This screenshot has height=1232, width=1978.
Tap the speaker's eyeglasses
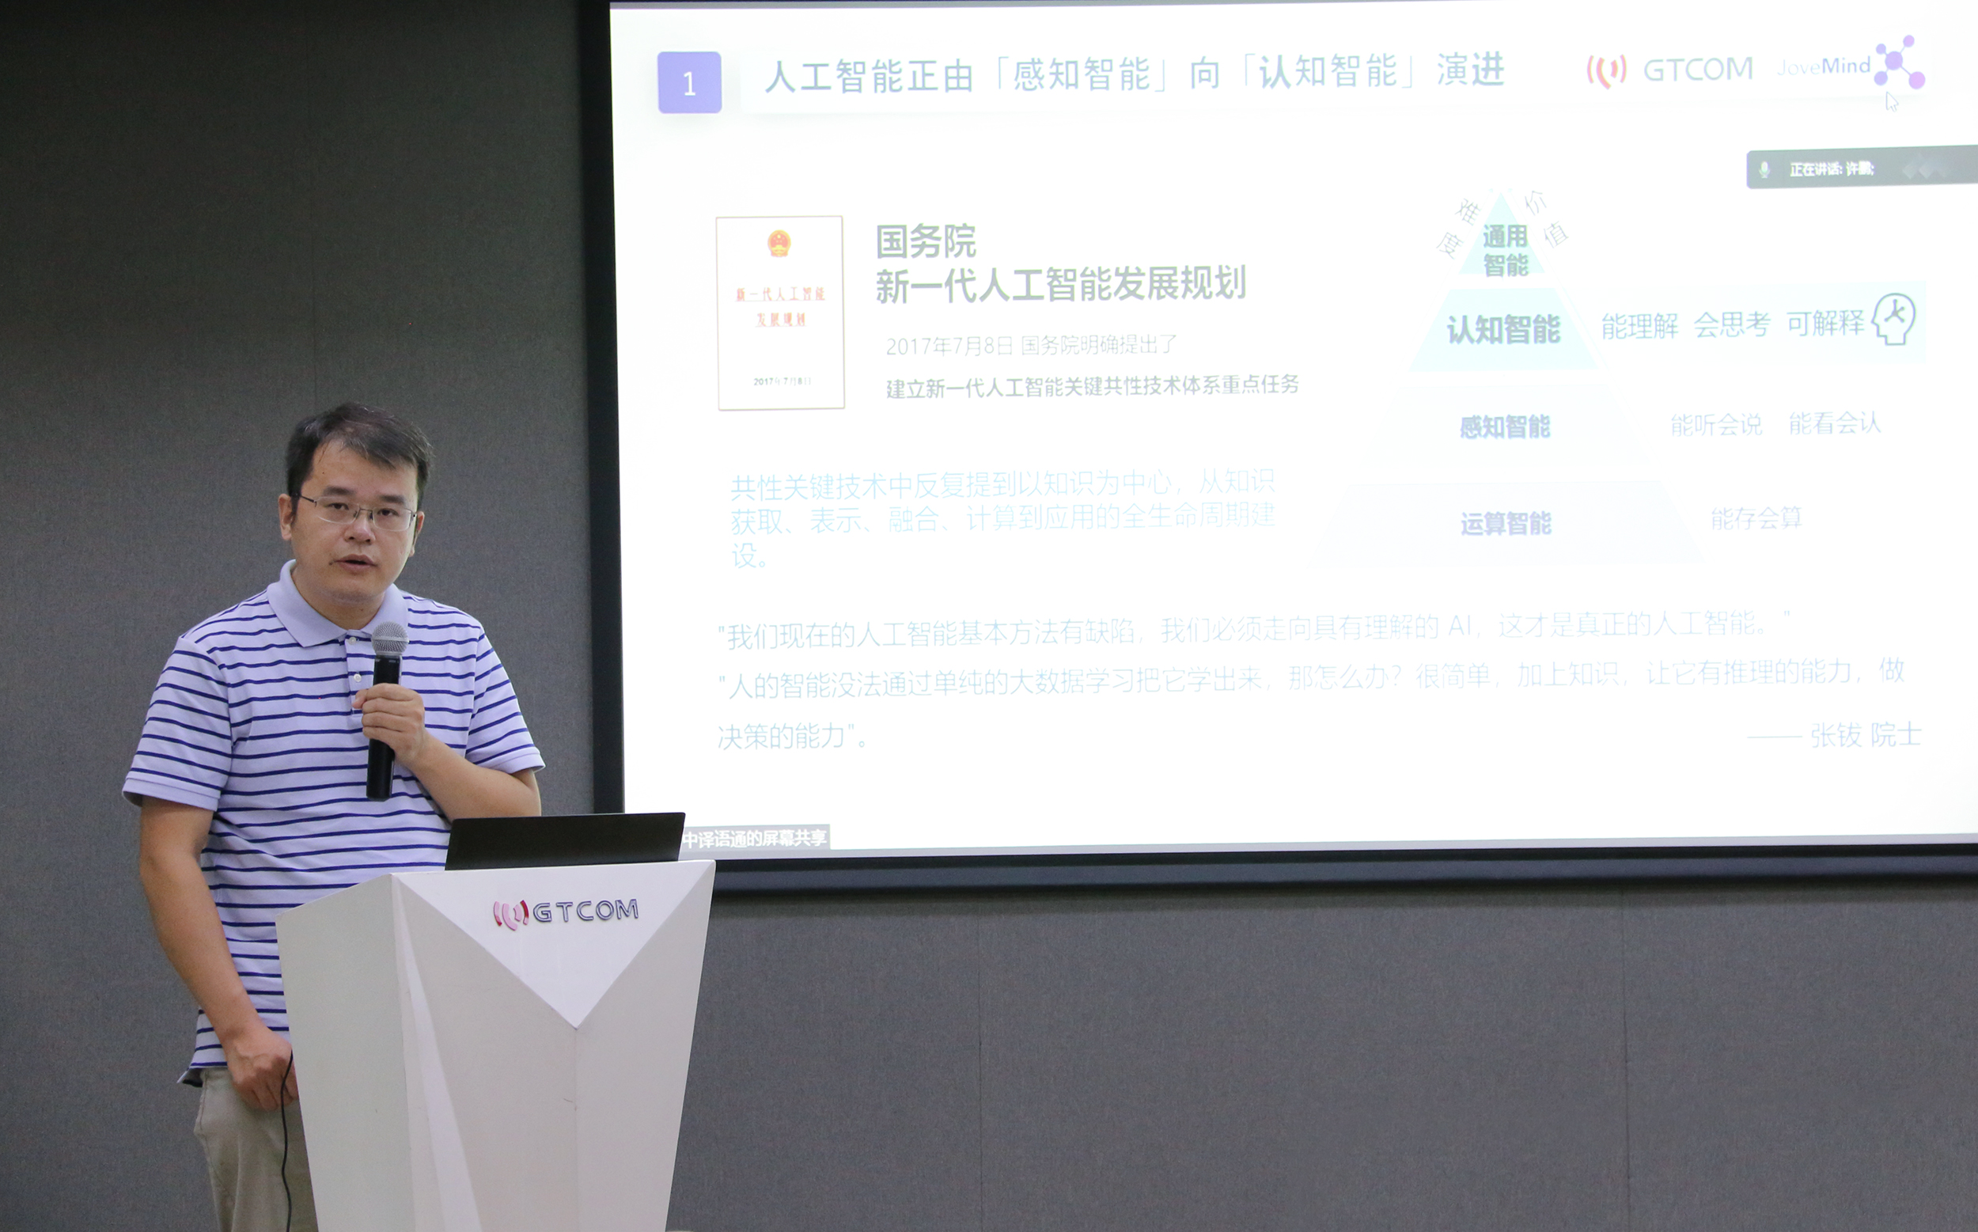(358, 512)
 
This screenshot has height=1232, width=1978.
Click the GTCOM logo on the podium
(566, 912)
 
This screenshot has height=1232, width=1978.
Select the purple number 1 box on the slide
(689, 82)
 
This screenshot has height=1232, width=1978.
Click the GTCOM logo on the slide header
(1670, 71)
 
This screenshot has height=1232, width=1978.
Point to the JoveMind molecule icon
(1899, 62)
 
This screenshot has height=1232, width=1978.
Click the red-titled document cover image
(779, 313)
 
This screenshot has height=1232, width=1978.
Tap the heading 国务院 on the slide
(926, 241)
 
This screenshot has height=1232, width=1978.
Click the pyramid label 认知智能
(1503, 329)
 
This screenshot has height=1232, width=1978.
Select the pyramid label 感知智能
(1504, 426)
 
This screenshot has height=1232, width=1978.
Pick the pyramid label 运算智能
(1506, 523)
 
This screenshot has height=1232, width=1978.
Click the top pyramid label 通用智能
(1505, 250)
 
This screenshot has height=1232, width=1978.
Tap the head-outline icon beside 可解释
(1893, 320)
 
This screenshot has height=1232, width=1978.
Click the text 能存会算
(1756, 518)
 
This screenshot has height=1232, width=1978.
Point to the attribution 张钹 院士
(1865, 735)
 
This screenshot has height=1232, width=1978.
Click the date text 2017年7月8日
(949, 347)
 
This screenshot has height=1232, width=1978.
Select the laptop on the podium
(565, 840)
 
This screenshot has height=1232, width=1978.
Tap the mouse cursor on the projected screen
(1892, 102)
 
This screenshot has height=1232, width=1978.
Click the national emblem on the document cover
(779, 244)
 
